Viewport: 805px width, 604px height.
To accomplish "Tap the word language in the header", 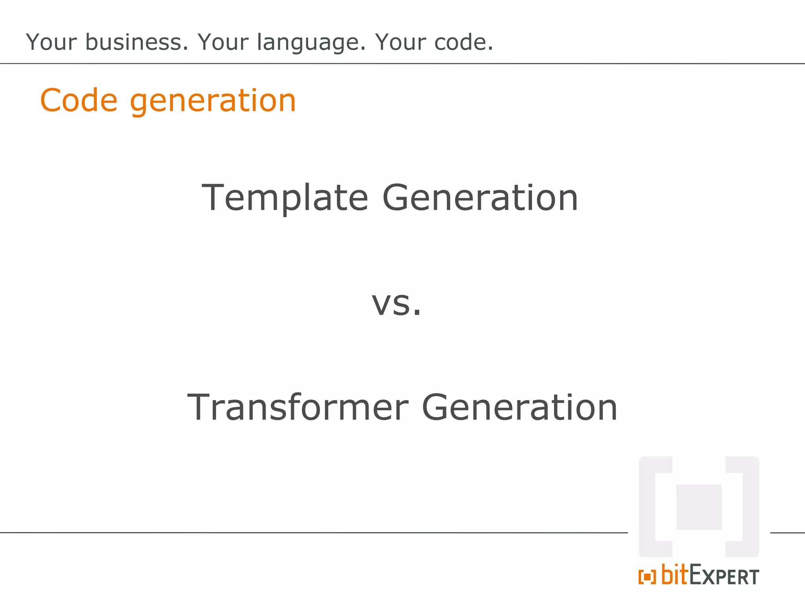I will pyautogui.click(x=311, y=43).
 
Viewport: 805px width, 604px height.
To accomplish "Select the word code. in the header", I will pyautogui.click(x=464, y=42).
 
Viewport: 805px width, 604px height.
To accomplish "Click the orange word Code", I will pyautogui.click(x=79, y=101).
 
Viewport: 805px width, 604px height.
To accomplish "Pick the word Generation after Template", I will pyautogui.click(x=480, y=198).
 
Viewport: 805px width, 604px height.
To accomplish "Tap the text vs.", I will pyautogui.click(x=396, y=304).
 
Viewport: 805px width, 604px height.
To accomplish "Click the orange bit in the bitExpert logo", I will pyautogui.click(x=675, y=575).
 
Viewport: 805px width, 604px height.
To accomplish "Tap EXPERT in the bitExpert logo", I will pyautogui.click(x=724, y=576).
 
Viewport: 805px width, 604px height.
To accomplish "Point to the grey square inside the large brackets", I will pyautogui.click(x=698, y=507).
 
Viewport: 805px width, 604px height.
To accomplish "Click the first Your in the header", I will pyautogui.click(x=51, y=42).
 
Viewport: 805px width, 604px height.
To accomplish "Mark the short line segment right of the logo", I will pyautogui.click(x=787, y=533).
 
